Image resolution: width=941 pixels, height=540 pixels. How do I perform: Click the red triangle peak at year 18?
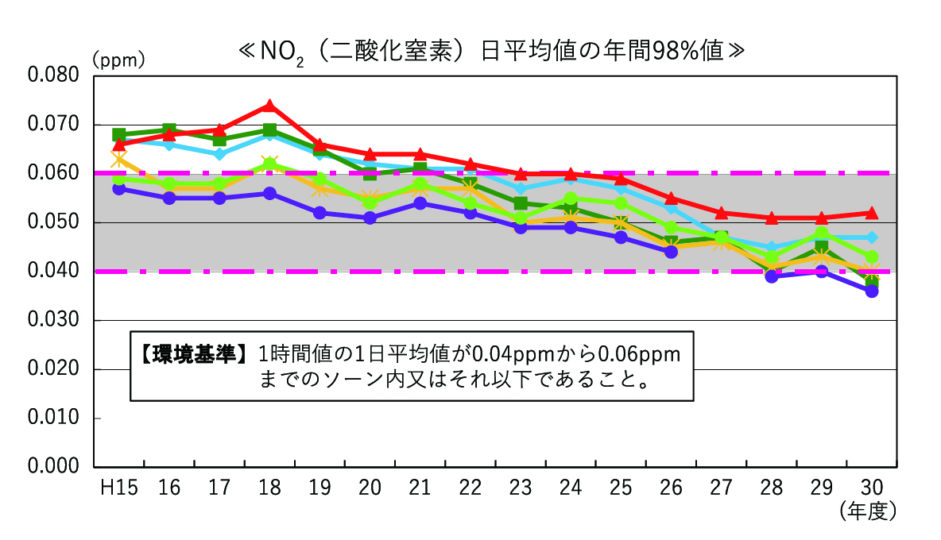coord(269,106)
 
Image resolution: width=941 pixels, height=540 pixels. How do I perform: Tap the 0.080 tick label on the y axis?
coord(53,75)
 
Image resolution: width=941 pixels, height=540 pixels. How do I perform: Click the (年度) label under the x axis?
coord(868,511)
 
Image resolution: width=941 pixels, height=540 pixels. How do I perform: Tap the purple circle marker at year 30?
coord(872,291)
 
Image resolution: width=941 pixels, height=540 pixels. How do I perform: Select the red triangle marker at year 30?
coord(872,213)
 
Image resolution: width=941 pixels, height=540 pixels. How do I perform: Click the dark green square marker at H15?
coord(119,134)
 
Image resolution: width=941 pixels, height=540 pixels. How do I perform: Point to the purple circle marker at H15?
coord(119,188)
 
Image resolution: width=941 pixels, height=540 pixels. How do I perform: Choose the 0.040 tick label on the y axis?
coord(53,272)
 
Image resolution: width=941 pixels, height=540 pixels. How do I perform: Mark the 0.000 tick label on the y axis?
coord(53,467)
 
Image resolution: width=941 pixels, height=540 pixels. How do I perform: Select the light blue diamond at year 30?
coord(872,237)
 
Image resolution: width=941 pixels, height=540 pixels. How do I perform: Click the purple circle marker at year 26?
coord(672,252)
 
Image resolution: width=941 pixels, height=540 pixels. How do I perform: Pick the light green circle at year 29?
coord(822,233)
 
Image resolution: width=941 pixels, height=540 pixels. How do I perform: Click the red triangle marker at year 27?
coord(722,213)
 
